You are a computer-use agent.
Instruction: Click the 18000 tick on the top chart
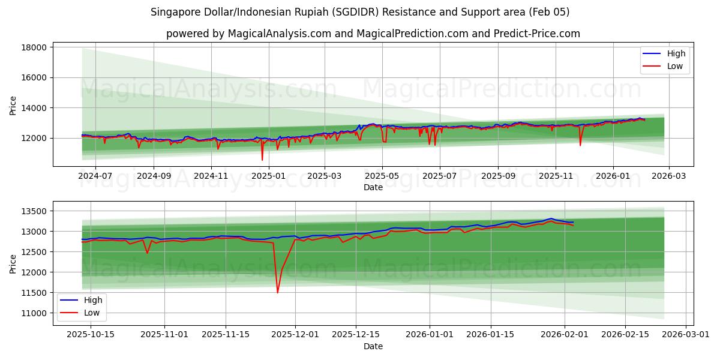pyautogui.click(x=35, y=47)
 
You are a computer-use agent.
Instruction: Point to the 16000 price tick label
pyautogui.click(x=35, y=77)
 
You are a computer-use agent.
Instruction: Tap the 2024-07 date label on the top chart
pyautogui.click(x=96, y=176)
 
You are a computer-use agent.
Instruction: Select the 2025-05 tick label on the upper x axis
pyautogui.click(x=382, y=176)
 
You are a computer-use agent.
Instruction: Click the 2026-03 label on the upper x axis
pyautogui.click(x=670, y=176)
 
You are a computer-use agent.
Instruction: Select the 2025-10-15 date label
pyautogui.click(x=91, y=335)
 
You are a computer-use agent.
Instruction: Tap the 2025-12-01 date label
pyautogui.click(x=295, y=335)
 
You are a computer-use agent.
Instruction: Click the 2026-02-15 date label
pyautogui.click(x=625, y=335)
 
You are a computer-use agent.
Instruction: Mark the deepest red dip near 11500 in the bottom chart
pyautogui.click(x=277, y=293)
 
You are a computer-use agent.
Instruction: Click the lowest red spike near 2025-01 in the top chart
pyautogui.click(x=262, y=160)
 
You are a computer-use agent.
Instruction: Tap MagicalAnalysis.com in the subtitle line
pyautogui.click(x=279, y=34)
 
